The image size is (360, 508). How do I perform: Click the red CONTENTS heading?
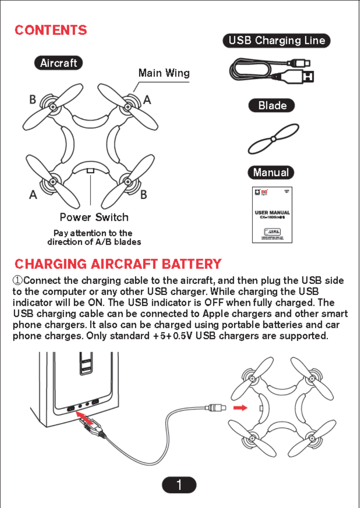(51, 30)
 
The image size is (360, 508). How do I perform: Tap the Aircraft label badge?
(58, 63)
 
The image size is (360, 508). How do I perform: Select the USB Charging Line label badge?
(277, 41)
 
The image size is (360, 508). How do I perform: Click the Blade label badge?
(272, 105)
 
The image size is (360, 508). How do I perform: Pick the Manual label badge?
(271, 172)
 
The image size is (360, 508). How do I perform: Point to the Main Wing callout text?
(164, 73)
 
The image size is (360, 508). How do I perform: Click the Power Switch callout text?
(94, 217)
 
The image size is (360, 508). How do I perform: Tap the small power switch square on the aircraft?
(90, 170)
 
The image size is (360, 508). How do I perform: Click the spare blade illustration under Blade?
(273, 139)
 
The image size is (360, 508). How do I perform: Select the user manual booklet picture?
(272, 215)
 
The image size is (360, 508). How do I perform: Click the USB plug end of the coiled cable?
(308, 77)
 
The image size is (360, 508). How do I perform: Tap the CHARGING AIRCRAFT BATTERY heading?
(118, 264)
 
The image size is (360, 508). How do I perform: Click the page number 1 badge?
(179, 485)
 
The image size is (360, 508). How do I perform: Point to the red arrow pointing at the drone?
(240, 408)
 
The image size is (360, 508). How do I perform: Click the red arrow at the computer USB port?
(85, 418)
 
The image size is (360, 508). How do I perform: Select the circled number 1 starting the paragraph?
(17, 280)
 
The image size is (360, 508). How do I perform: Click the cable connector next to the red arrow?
(216, 408)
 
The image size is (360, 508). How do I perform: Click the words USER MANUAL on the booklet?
(272, 213)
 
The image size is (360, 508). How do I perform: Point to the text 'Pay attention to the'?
(93, 233)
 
